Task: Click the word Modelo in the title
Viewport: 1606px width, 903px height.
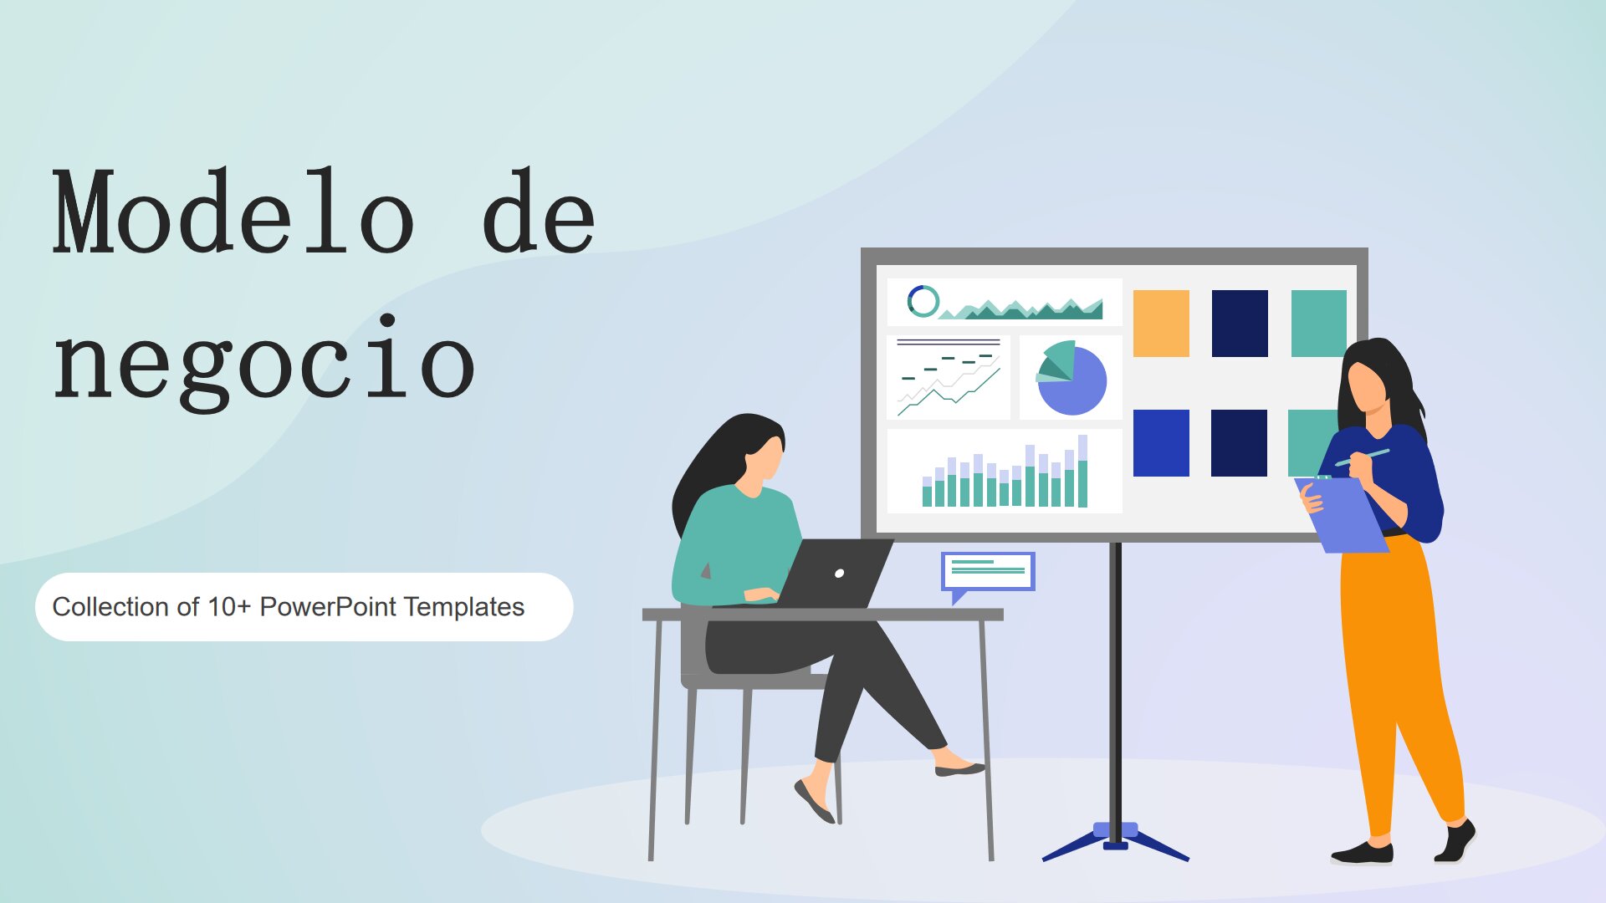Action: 234,213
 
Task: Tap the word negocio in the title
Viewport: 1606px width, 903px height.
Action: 264,364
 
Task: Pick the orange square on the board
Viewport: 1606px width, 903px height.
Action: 1161,324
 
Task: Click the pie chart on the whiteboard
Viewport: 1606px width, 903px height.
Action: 1072,379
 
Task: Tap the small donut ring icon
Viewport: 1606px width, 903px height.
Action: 923,301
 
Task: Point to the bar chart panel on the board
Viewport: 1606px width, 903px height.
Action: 1004,472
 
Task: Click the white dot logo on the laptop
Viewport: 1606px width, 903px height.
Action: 839,573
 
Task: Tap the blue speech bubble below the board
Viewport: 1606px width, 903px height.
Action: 988,571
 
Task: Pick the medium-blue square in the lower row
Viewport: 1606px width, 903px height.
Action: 1161,443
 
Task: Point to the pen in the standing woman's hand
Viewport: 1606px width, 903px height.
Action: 1363,457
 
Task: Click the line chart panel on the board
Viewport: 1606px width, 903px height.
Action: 949,378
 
